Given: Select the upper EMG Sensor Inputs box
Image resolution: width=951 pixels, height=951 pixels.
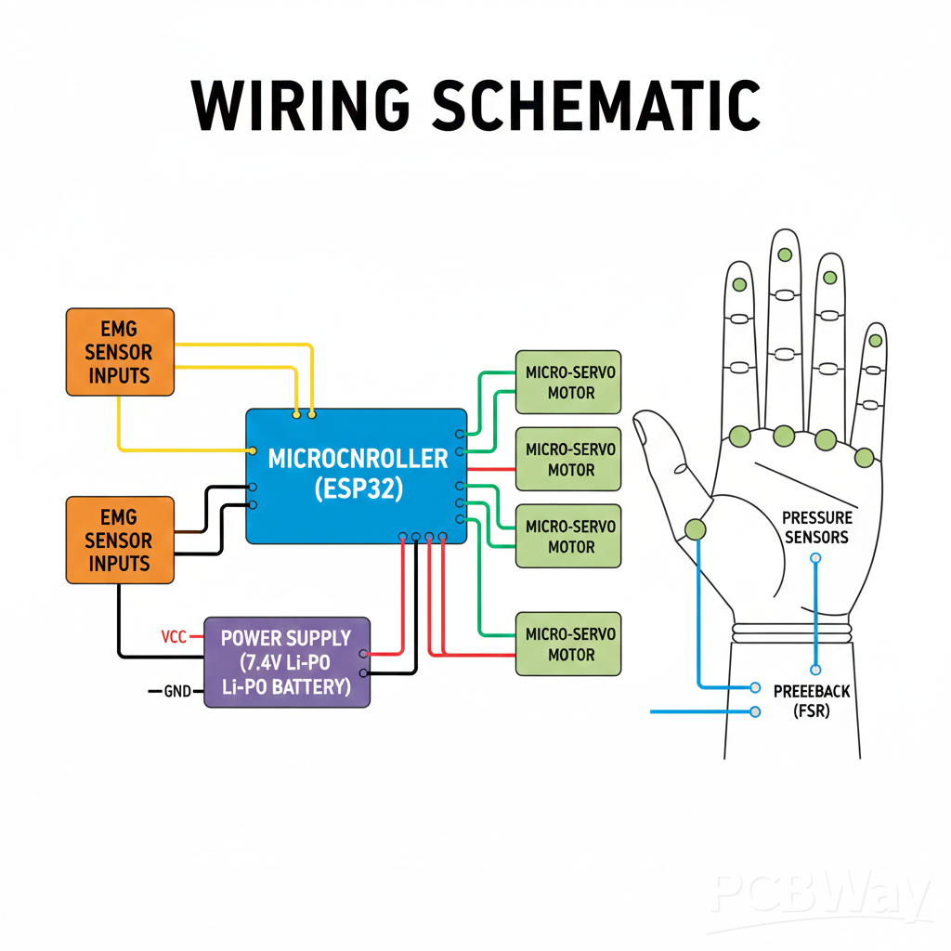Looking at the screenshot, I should pos(120,352).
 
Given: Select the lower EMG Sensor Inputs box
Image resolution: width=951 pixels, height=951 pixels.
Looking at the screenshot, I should pos(120,540).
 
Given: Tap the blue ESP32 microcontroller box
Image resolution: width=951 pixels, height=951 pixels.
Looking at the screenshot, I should pos(357,475).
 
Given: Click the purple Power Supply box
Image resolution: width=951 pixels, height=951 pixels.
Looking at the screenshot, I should pos(286,662).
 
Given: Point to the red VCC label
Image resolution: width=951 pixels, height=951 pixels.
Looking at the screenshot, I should pos(174,637).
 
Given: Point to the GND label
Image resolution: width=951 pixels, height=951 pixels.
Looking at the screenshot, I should pos(176,692).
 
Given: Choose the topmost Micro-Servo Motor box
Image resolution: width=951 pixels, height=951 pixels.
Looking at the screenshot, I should pos(568,382).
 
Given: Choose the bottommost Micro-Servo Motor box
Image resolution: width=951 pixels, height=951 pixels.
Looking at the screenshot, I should pos(568,644).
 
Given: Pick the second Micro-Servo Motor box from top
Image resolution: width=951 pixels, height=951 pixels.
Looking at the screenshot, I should pos(568,459).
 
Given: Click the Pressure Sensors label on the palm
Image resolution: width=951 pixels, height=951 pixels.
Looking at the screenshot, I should pos(815,528).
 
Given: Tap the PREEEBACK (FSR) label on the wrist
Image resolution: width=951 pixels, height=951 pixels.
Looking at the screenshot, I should pos(811,701).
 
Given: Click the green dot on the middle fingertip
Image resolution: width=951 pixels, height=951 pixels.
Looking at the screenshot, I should pos(785,254).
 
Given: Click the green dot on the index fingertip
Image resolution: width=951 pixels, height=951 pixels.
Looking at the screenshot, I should pos(740,284).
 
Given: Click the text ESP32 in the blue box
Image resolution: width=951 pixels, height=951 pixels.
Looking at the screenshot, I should pos(358,489).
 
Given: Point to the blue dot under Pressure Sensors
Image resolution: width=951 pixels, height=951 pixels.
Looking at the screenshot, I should pos(815,558).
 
